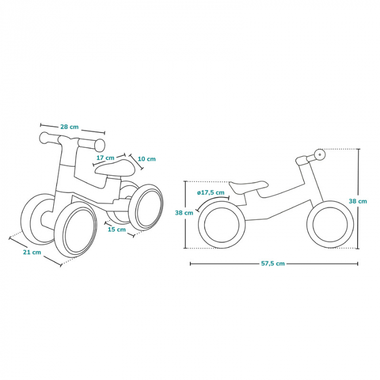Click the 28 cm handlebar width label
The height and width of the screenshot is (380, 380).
coord(69,126)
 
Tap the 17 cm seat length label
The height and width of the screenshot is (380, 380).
coord(105,158)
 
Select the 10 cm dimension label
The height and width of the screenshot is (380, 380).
coord(147,159)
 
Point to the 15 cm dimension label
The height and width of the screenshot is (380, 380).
coord(116,229)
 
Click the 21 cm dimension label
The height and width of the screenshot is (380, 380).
coord(33,252)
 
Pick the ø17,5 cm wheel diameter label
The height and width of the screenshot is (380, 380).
coord(211,193)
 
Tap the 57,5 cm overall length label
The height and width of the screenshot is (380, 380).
coord(273,264)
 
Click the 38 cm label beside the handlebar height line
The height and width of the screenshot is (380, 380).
coord(358,201)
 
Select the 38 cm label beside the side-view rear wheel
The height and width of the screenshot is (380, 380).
coord(184,213)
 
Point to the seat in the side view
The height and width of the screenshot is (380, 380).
coord(248,186)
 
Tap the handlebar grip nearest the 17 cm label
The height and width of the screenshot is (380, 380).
coord(99,144)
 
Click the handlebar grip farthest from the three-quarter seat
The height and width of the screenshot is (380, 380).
coord(46,135)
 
